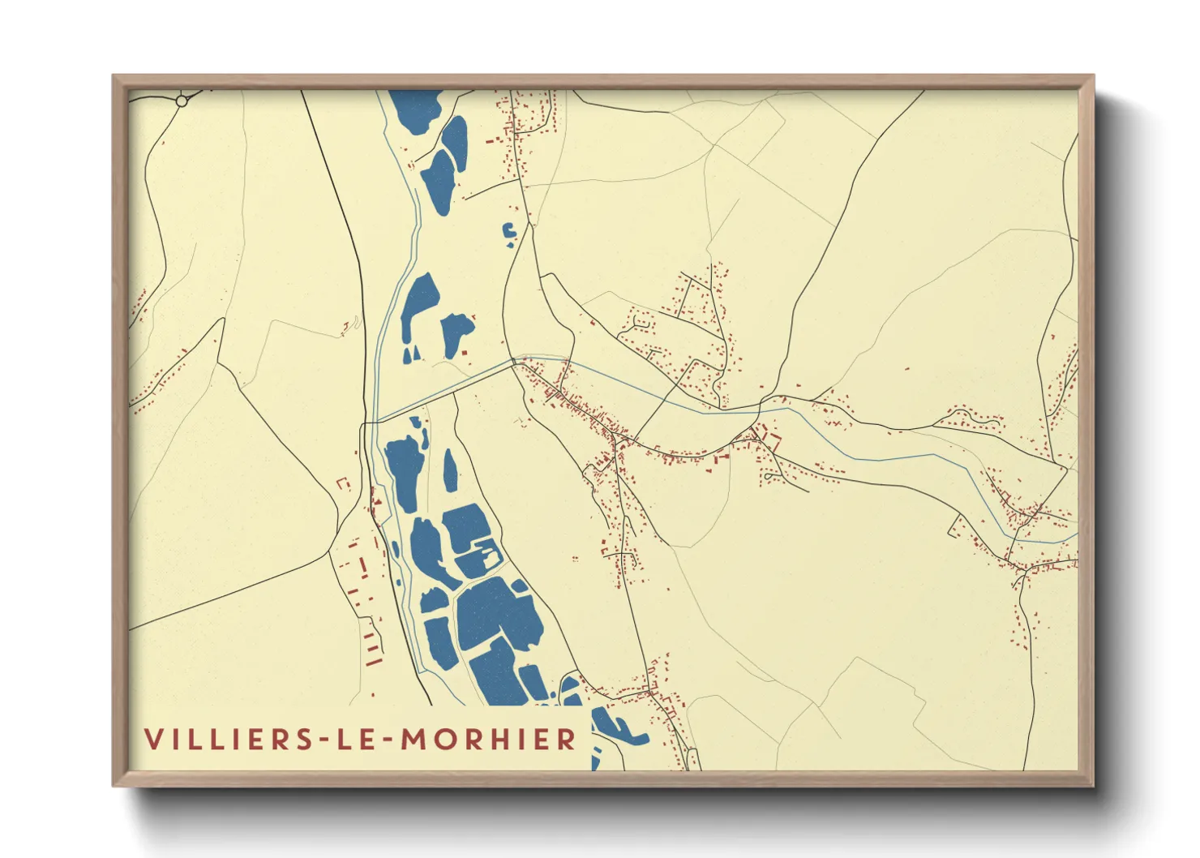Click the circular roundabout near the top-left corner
click(182, 101)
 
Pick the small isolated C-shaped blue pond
click(510, 234)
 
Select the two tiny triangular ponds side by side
click(412, 353)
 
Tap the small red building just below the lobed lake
click(465, 352)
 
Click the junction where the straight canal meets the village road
click(514, 362)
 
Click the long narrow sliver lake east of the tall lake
click(450, 470)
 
